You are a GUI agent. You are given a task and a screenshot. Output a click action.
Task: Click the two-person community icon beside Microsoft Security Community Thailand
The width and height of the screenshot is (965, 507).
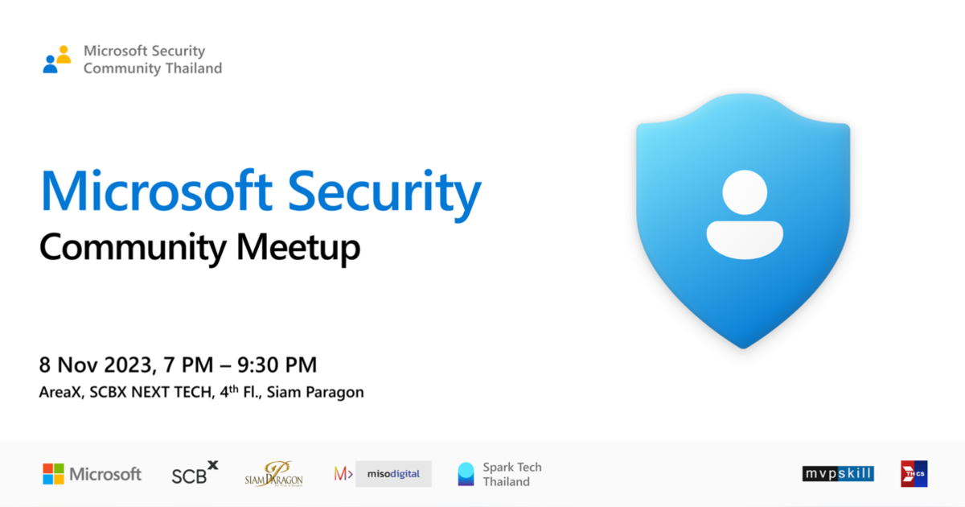[57, 60]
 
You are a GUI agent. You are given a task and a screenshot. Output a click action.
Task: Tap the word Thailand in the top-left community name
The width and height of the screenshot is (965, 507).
[193, 68]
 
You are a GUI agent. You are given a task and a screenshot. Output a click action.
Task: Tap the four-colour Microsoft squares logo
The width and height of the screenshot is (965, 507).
[54, 474]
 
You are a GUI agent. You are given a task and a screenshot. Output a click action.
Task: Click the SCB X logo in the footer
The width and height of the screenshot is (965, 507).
[195, 473]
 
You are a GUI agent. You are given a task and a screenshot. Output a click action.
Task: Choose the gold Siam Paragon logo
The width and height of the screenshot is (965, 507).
[273, 474]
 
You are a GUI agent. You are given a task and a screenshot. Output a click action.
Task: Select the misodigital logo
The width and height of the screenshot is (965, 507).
[383, 474]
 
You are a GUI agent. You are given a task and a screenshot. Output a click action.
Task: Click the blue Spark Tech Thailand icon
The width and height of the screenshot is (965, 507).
[466, 474]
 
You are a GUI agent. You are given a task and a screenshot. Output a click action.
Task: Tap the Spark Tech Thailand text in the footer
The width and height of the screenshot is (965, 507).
[512, 474]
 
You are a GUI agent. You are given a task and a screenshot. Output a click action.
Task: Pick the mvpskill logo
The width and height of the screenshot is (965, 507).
[838, 474]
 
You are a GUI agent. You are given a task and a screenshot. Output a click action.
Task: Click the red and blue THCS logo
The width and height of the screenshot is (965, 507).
[914, 474]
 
